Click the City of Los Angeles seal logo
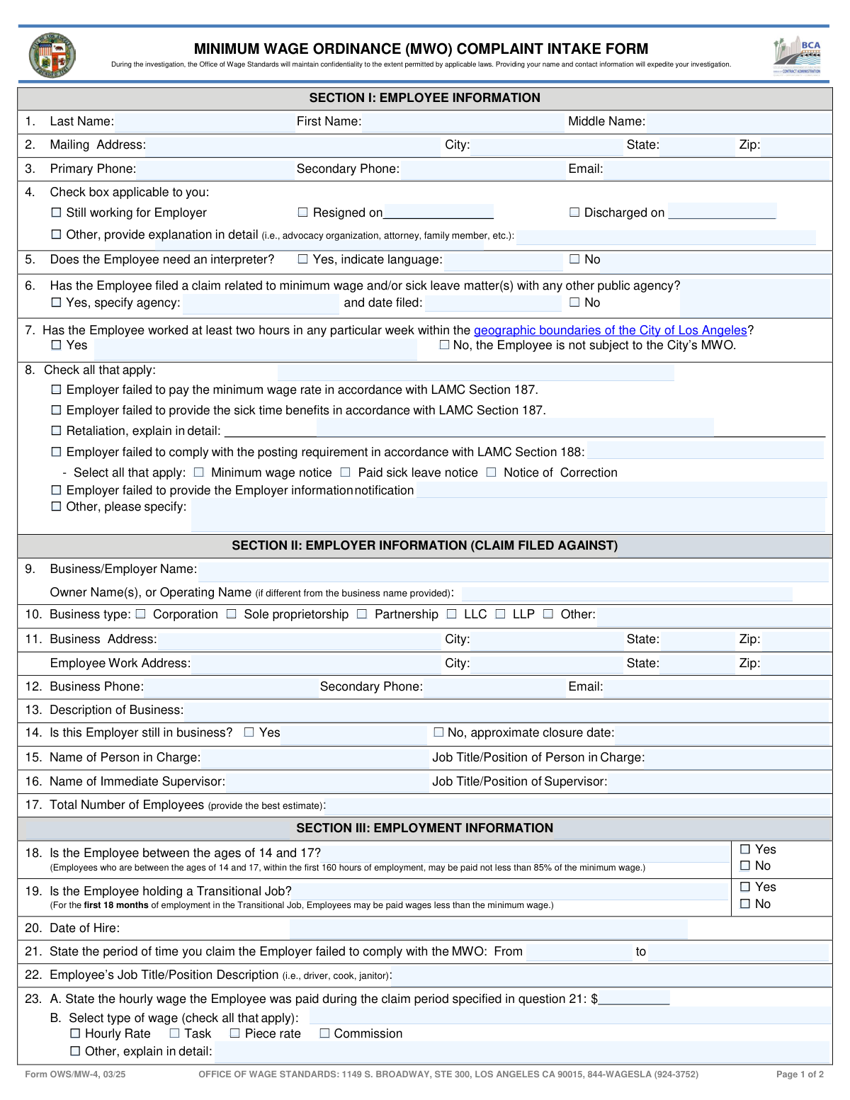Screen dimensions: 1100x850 [x=52, y=55]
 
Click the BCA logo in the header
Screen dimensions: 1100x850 [x=798, y=55]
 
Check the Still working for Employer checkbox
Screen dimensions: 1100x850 [x=57, y=212]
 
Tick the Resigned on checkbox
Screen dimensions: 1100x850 [x=303, y=212]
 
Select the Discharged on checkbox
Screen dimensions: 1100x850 [x=574, y=212]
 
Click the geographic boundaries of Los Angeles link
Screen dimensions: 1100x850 [x=610, y=330]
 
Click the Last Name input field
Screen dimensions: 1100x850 [x=204, y=122]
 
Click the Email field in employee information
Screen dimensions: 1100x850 [x=715, y=169]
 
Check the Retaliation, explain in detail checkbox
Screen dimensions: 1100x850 [x=57, y=431]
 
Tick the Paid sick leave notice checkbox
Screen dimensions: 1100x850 [x=346, y=472]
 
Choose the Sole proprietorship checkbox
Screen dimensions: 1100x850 [x=232, y=614]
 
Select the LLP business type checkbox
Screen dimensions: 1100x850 [x=501, y=614]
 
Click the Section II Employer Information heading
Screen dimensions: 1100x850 [x=425, y=545]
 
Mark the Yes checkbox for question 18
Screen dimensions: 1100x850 [x=745, y=849]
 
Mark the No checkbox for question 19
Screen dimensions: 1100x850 [x=745, y=904]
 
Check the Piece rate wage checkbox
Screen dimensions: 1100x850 [x=235, y=1033]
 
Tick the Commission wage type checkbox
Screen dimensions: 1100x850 [x=324, y=1033]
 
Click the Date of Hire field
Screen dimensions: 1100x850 [x=489, y=929]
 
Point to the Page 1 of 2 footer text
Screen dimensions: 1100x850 [x=800, y=1075]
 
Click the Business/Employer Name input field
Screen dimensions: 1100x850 [x=513, y=569]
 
